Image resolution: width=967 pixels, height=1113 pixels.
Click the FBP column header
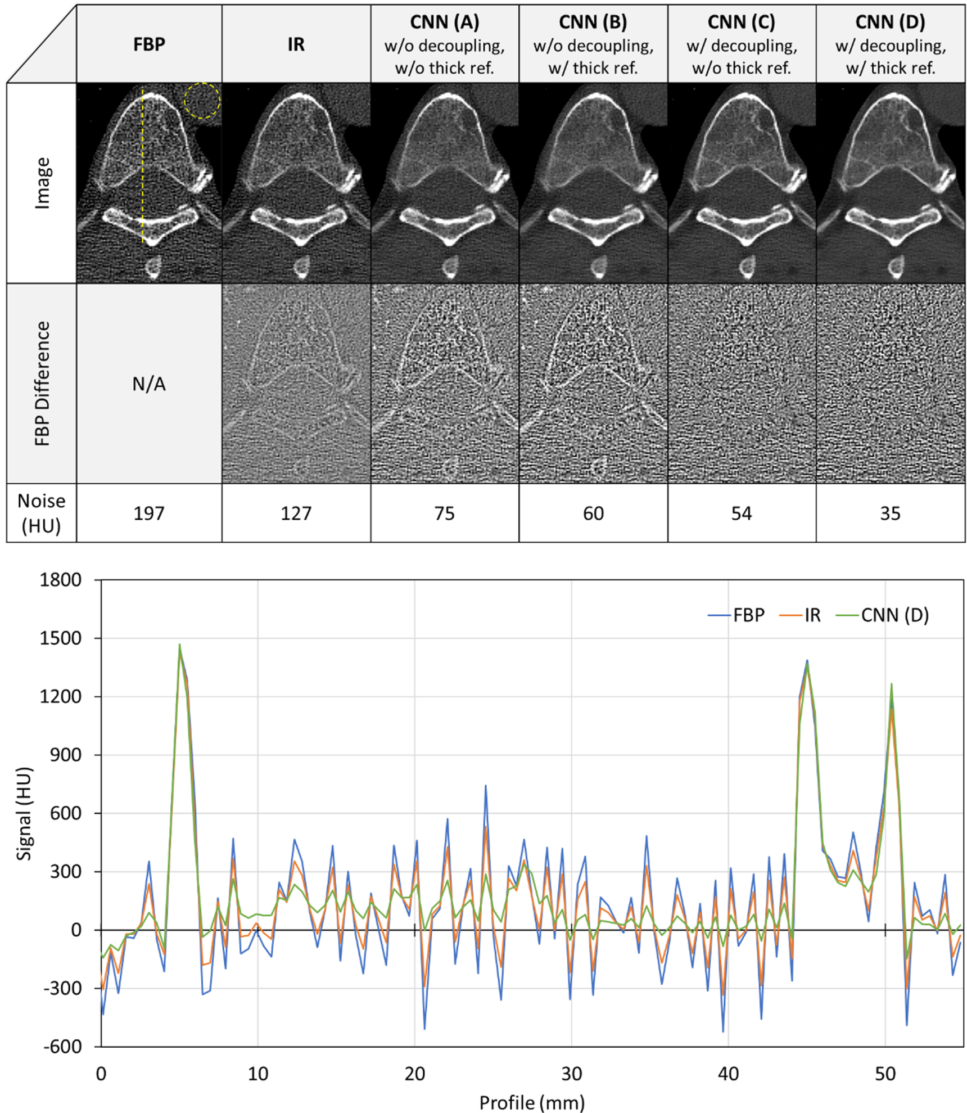point(149,44)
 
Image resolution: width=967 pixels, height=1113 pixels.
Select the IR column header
point(296,44)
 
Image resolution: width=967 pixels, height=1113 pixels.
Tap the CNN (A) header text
point(444,22)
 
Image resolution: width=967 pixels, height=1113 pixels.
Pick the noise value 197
point(149,513)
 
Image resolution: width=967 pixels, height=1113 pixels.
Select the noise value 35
point(890,513)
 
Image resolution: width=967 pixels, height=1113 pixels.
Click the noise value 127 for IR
point(296,513)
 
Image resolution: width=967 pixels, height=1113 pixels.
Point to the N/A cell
point(149,384)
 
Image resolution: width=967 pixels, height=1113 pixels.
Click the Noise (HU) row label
point(41,513)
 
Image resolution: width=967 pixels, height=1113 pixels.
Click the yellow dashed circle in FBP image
point(202,101)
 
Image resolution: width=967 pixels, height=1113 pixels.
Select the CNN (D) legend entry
point(894,615)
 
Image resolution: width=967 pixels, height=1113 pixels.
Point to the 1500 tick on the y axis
point(60,638)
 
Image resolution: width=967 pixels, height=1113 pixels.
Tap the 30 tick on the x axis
point(571,1074)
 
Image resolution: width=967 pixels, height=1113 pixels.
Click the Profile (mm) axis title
point(532,1102)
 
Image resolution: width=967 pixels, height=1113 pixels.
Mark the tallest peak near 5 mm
point(179,645)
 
